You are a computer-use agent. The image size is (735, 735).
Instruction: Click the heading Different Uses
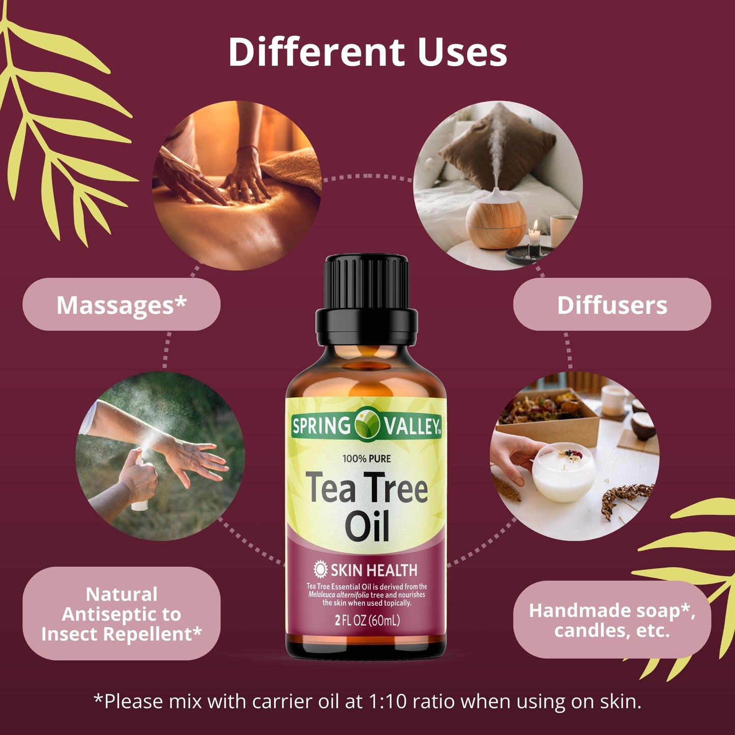[367, 52]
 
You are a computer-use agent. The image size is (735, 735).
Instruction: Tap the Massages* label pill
[122, 305]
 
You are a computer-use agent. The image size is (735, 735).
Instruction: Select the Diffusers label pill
[612, 305]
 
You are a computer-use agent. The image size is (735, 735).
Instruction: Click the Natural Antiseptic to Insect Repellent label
[122, 614]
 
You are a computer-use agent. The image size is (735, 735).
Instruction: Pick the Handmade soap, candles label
[612, 620]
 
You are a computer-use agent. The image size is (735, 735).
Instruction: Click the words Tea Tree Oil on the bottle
[367, 507]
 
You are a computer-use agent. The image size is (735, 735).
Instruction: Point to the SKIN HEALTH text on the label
[374, 570]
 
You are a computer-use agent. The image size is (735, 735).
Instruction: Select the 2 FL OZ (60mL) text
[367, 621]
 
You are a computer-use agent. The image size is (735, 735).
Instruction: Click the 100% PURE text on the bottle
[367, 459]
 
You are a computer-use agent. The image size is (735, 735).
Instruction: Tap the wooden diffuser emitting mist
[496, 219]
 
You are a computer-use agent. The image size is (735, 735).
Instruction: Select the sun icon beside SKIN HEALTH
[320, 570]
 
